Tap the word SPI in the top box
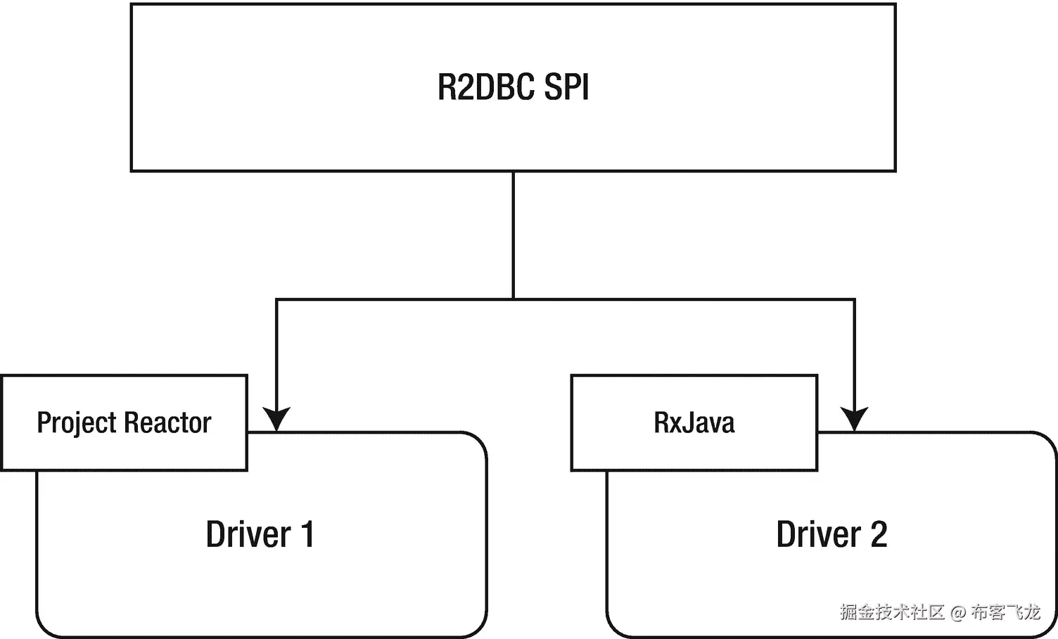click(566, 87)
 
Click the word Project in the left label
click(76, 423)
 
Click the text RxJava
click(694, 422)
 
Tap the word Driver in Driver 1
click(248, 534)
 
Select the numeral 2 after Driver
click(879, 534)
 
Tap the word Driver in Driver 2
click(818, 534)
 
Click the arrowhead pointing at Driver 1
click(276, 419)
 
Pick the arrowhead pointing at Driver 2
click(854, 419)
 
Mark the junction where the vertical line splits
click(514, 299)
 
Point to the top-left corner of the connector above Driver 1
click(276, 300)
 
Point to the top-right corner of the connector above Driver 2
click(854, 300)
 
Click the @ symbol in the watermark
click(957, 612)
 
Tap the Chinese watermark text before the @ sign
click(891, 612)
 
